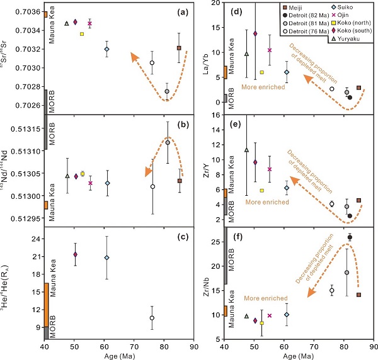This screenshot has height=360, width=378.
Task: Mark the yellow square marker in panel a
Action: click(x=83, y=34)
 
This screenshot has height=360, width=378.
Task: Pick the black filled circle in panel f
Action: click(x=350, y=237)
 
